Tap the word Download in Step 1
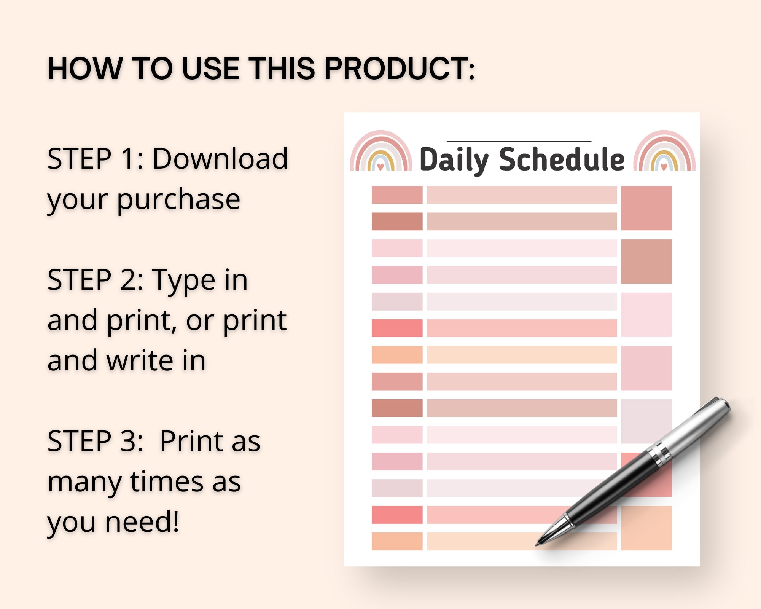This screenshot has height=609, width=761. click(220, 159)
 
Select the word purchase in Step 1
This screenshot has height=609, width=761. click(178, 199)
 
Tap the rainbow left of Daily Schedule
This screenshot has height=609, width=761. click(380, 152)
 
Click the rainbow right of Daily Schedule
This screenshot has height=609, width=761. click(664, 152)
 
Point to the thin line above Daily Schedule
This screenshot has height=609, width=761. click(519, 141)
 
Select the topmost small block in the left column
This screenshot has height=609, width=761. click(397, 195)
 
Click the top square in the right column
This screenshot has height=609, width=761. click(646, 208)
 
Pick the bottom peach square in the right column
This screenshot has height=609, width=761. click(646, 528)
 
